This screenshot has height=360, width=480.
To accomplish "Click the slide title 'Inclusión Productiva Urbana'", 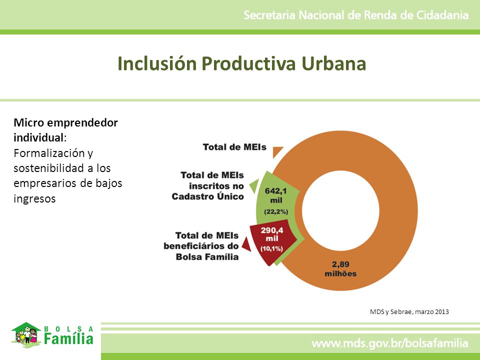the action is [242, 63].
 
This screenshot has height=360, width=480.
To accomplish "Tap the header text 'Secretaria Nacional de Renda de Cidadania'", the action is [356, 15].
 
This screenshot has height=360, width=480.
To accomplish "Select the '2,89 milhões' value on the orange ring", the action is [340, 269].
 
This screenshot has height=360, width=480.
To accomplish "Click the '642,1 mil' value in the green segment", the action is [276, 195].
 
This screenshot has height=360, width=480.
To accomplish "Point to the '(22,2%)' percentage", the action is [276, 211].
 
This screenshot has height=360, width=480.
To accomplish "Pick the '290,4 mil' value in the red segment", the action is [272, 234].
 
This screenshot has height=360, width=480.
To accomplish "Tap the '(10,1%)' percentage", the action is [271, 248].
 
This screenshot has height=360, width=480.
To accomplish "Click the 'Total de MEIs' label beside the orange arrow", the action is [234, 147].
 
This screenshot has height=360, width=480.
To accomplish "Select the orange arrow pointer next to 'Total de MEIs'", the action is [277, 152].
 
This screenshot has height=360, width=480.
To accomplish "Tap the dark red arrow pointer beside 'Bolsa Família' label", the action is [246, 244].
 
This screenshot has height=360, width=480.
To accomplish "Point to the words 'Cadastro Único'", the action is [207, 196].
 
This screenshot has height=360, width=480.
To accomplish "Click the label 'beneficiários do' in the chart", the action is [201, 246].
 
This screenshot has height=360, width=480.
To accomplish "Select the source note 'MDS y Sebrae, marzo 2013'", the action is [409, 311].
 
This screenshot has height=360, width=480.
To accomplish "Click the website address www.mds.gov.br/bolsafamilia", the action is [389, 343].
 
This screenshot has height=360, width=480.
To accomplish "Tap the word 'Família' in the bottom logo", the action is [68, 339].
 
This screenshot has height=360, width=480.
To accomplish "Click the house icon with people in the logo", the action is [26, 334].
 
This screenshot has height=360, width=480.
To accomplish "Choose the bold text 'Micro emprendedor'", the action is [65, 123].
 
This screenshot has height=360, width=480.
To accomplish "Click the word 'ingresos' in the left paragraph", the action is [34, 198].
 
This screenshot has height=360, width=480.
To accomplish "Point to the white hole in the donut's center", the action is [340, 210].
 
